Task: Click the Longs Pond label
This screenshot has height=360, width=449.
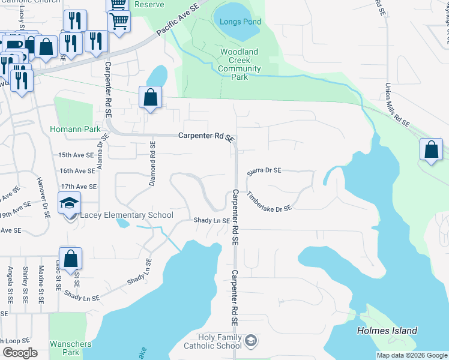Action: click(240, 22)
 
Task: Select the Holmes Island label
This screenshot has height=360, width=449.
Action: click(387, 331)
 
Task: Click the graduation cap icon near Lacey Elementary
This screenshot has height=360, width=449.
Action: click(70, 203)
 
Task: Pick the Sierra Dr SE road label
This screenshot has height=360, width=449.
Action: click(264, 170)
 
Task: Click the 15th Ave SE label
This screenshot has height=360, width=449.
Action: click(76, 155)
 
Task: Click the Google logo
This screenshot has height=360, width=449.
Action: click(20, 353)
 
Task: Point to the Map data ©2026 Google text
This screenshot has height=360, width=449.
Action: click(411, 355)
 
